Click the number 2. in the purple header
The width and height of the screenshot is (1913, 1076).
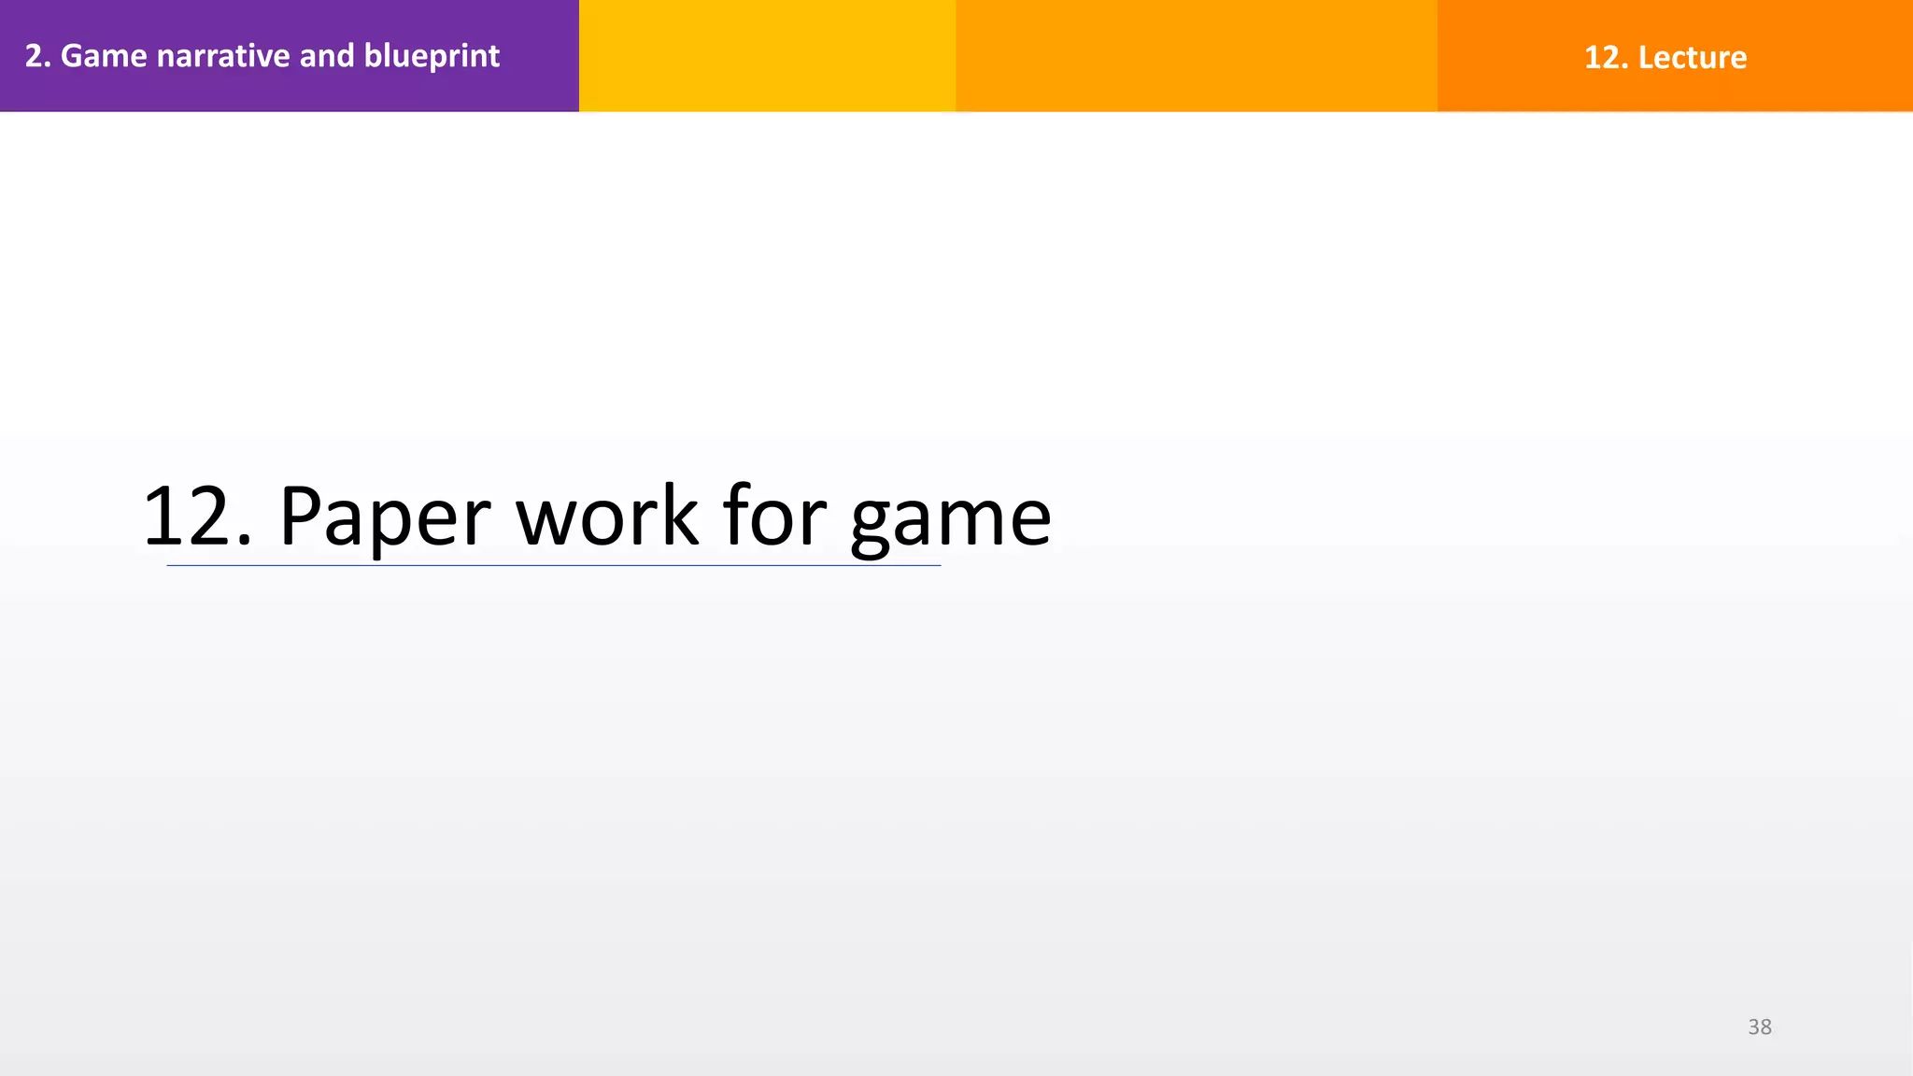click(37, 56)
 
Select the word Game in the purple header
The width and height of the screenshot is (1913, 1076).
click(104, 56)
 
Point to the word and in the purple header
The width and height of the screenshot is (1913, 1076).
click(327, 56)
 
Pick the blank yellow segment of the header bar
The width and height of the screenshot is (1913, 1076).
click(767, 56)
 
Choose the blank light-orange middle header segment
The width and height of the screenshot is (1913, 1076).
click(1196, 56)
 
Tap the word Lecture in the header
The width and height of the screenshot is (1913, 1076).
click(1693, 58)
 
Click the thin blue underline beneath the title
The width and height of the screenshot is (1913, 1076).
click(553, 565)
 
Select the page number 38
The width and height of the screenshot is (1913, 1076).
click(1760, 1027)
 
